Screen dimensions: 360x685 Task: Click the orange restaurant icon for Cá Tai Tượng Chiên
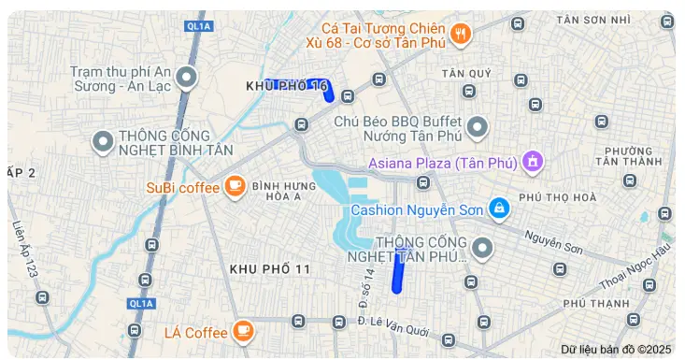[x=460, y=36]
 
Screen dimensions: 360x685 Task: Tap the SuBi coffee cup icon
[x=233, y=187]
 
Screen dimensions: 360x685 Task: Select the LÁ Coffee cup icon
[x=243, y=331]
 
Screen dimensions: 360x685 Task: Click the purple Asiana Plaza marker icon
[x=533, y=163]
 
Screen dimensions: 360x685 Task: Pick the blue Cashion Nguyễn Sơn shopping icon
[x=499, y=209]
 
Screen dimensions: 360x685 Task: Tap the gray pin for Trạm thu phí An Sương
[x=187, y=78]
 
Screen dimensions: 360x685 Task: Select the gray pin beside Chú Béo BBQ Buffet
[x=478, y=126]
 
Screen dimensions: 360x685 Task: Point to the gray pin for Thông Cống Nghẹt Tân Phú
[x=482, y=248]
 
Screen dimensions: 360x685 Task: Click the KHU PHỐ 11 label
[x=270, y=269]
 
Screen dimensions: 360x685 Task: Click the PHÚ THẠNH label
[x=596, y=304]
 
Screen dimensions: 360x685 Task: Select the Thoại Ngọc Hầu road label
[x=635, y=266]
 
